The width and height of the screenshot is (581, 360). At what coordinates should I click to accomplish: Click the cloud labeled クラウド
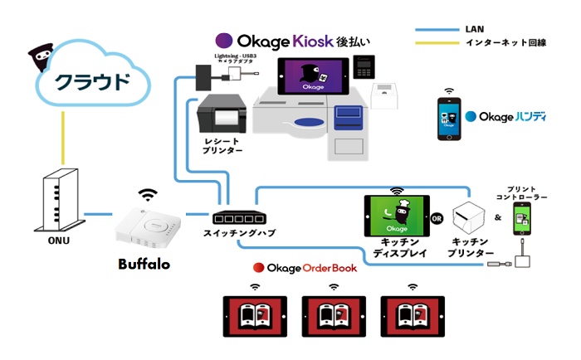point(91,84)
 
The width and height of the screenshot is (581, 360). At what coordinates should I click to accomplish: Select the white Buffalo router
point(149,229)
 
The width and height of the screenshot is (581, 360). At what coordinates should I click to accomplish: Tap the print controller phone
point(523,219)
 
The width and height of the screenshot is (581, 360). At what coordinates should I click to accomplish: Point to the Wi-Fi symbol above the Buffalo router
point(149,196)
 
